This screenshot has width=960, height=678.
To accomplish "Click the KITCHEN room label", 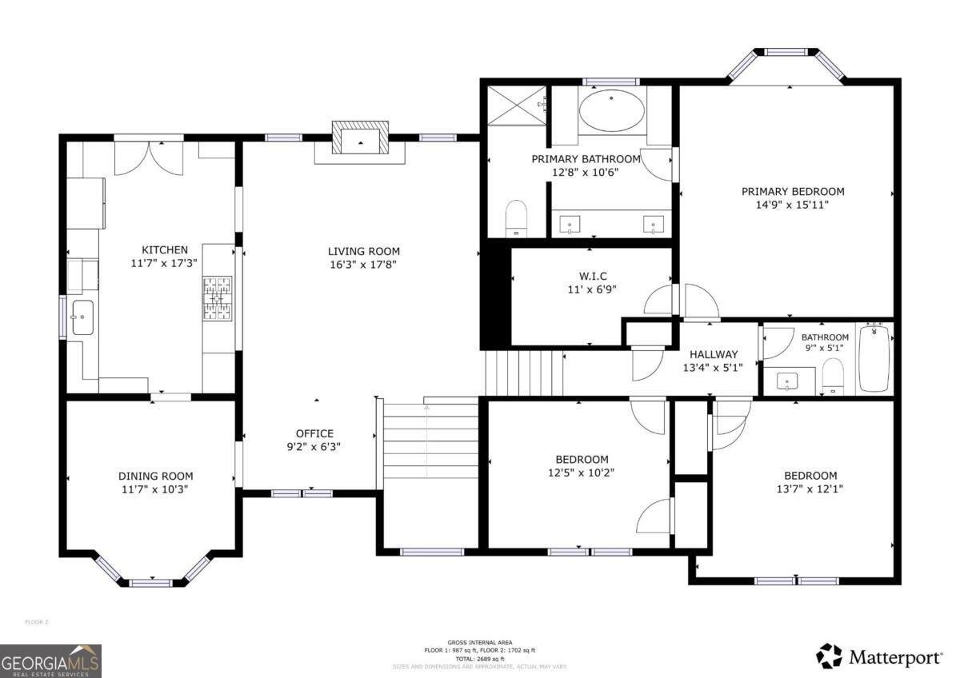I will coord(165,249).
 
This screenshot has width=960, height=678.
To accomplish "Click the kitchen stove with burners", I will coord(217,298).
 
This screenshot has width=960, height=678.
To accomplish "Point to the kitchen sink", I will coord(82,317).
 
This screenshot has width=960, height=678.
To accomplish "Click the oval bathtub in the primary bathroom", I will coord(612,110).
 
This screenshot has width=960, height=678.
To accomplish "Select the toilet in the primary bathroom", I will coord(517,218).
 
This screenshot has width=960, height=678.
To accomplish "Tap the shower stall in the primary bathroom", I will coord(517,105).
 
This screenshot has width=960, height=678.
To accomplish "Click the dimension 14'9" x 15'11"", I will coord(792,205).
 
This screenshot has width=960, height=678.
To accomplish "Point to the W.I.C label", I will coord(592,277).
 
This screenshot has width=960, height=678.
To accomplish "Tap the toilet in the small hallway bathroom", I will coord(833,376).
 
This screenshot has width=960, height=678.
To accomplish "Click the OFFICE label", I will coord(314,433).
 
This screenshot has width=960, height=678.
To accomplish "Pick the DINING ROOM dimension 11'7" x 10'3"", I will coord(155,489).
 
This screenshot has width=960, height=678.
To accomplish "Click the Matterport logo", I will coord(879,657).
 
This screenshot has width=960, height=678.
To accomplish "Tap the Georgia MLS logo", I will coord(50,660).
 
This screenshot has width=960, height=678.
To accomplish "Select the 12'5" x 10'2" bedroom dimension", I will coord(582,473).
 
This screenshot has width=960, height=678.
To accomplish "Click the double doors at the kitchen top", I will coord(149,158).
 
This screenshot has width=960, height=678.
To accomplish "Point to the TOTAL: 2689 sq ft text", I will coord(480,659).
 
